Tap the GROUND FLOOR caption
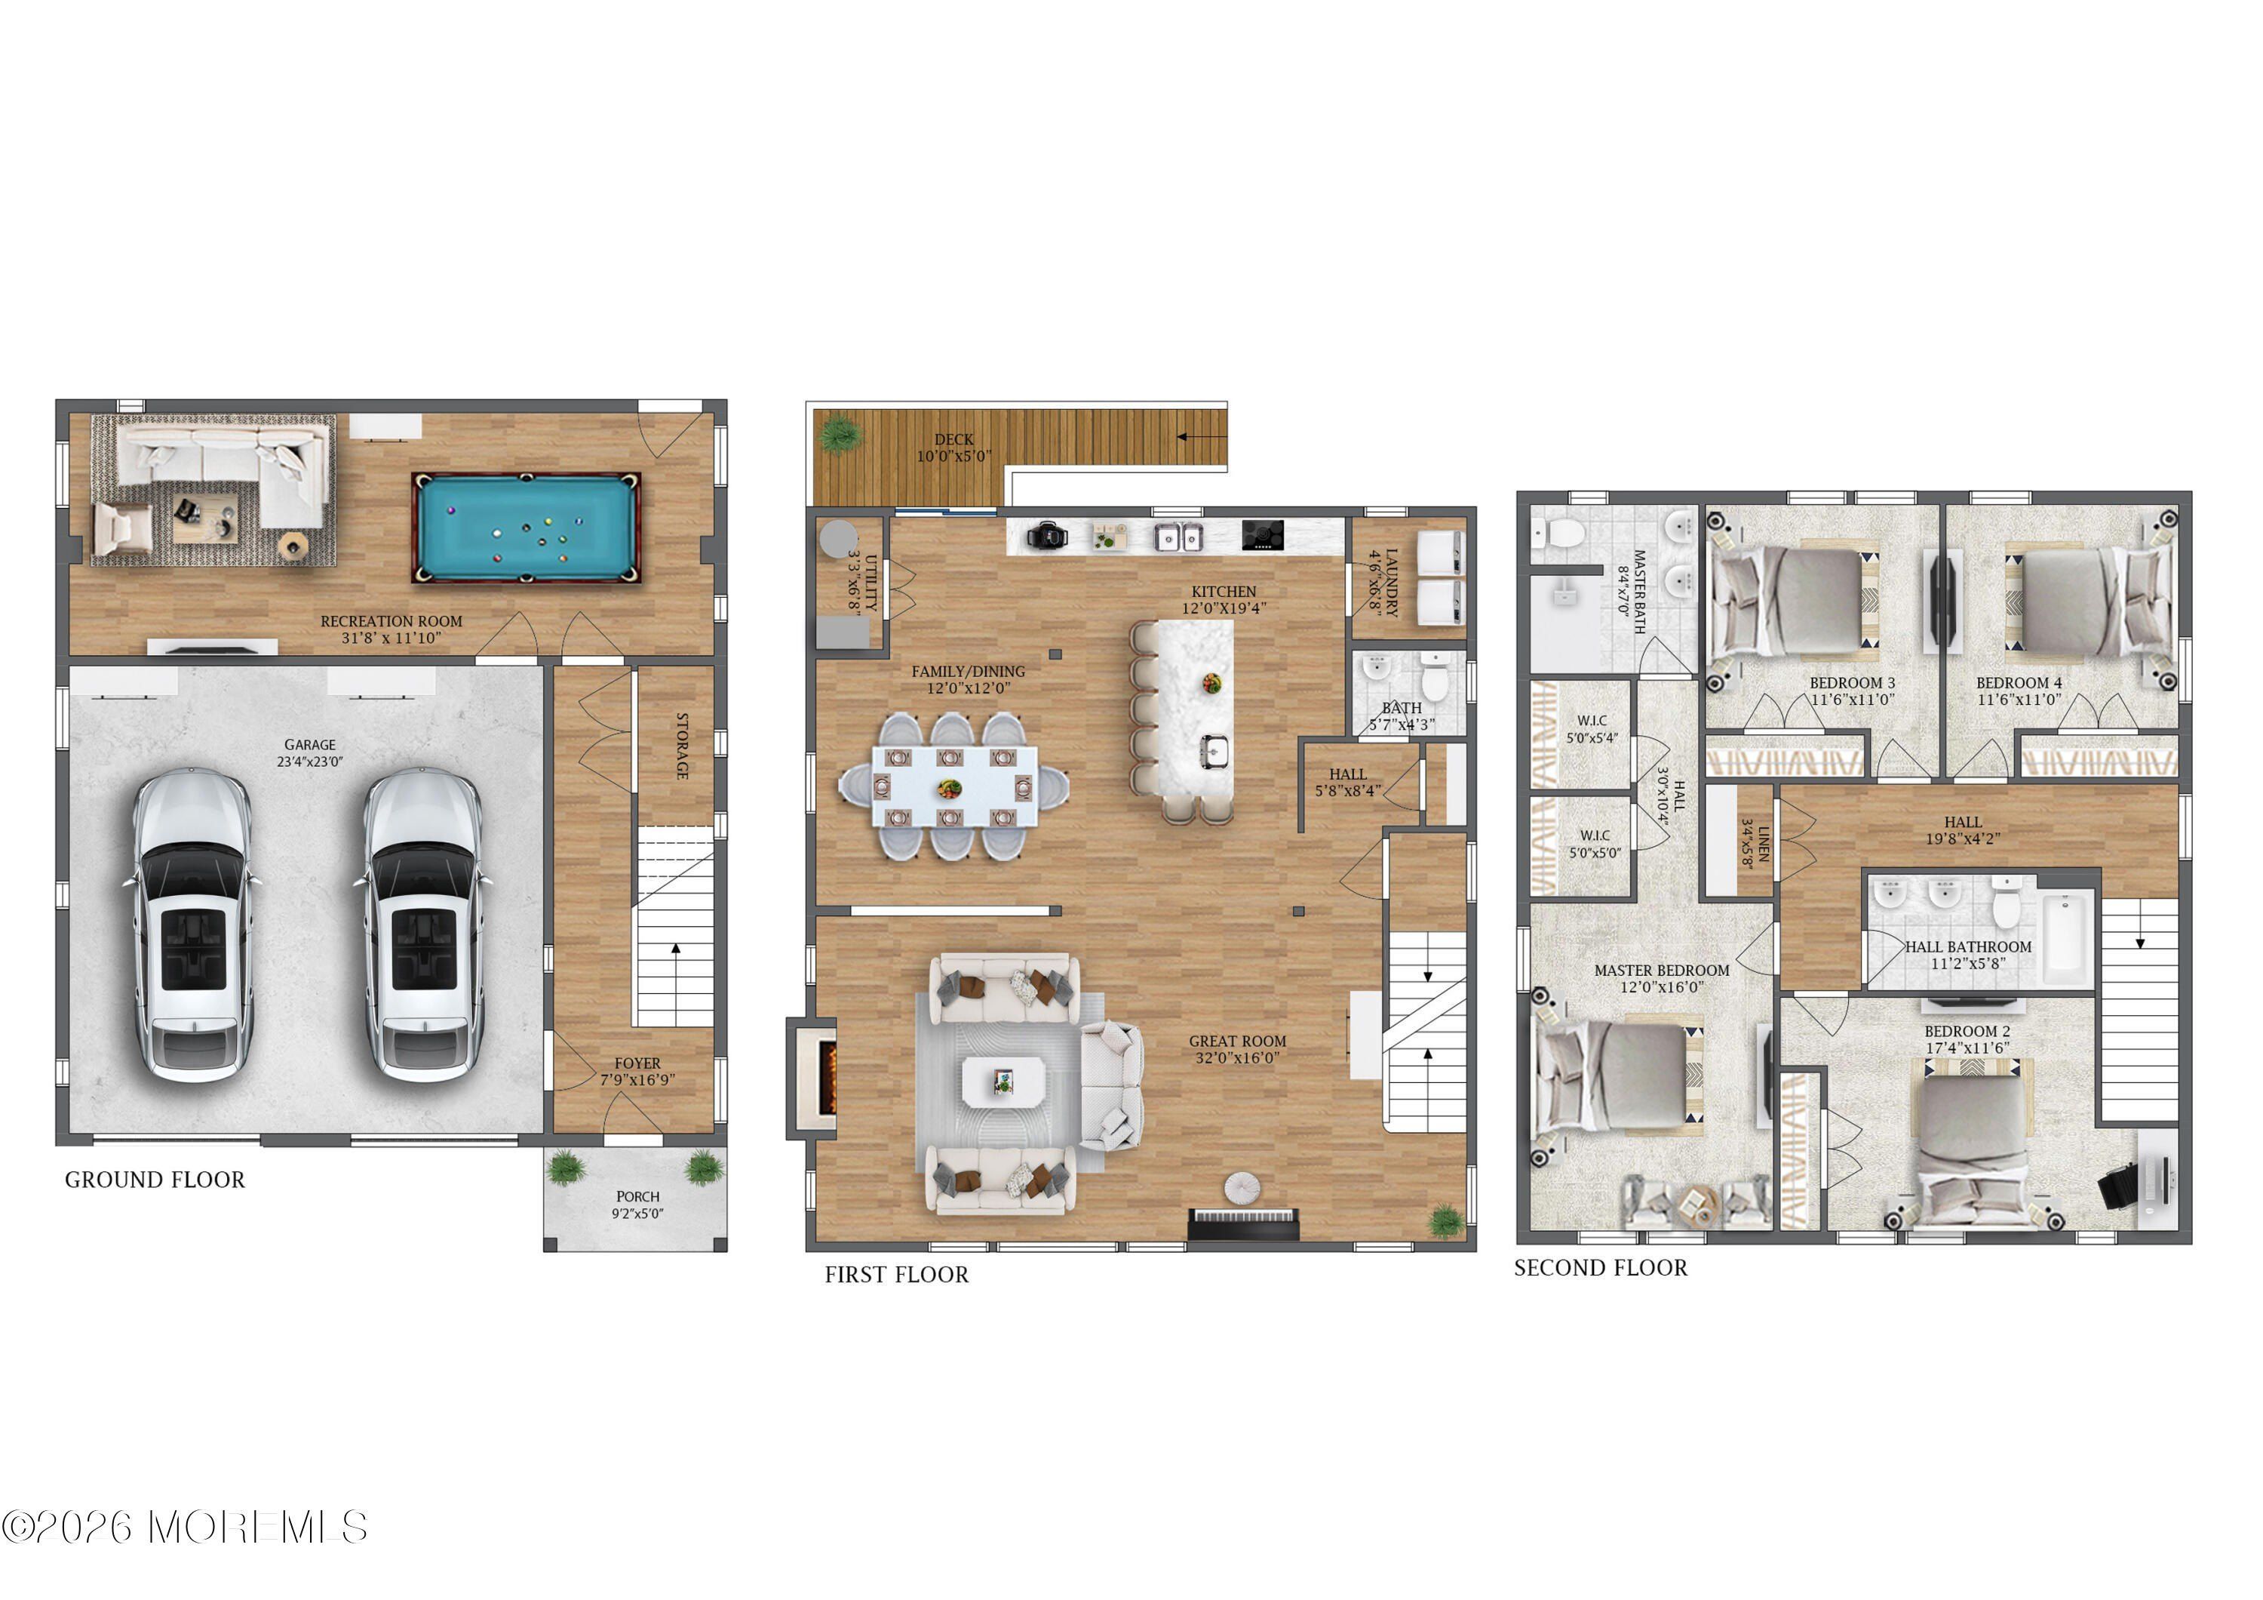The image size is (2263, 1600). pyautogui.click(x=155, y=1180)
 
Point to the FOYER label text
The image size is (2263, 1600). pyautogui.click(x=637, y=1063)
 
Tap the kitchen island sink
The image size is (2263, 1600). pyautogui.click(x=1214, y=753)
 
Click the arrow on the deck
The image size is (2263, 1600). pyautogui.click(x=1195, y=437)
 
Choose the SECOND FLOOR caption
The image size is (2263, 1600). pyautogui.click(x=1600, y=1268)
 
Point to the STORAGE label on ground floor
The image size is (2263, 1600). pyautogui.click(x=681, y=746)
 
